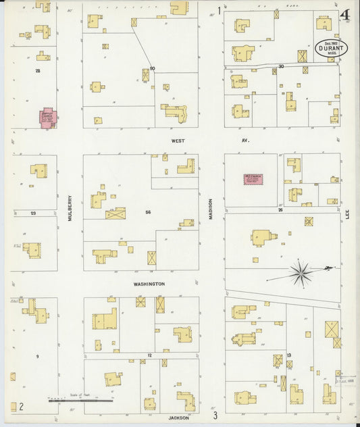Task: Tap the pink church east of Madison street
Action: tap(253, 179)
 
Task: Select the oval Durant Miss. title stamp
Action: tap(329, 49)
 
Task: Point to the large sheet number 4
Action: tap(345, 15)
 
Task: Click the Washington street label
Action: tap(149, 284)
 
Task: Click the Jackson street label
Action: tap(178, 418)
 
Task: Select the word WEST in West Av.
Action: tap(178, 141)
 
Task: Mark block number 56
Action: tap(147, 212)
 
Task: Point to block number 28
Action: tap(38, 70)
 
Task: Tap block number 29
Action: tap(33, 213)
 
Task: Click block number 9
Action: tap(38, 356)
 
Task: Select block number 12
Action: tap(149, 355)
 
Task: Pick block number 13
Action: tap(288, 355)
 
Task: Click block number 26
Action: tap(280, 209)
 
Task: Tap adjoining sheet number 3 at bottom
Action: tap(215, 415)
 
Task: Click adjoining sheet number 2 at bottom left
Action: tap(22, 406)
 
